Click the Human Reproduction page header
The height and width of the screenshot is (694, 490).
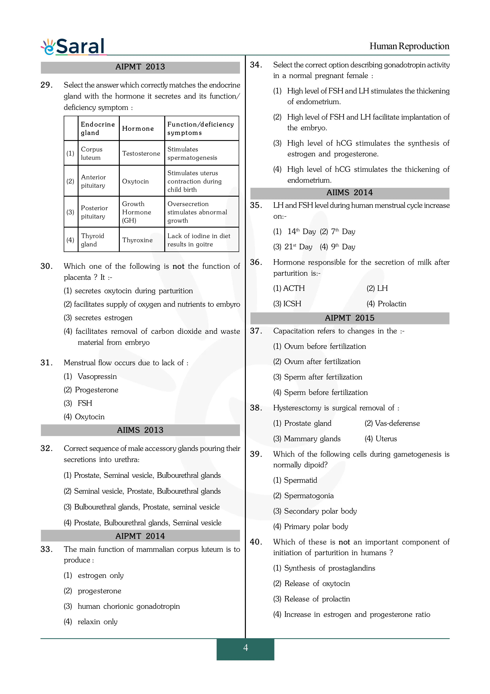409,46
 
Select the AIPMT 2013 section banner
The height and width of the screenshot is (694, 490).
140,67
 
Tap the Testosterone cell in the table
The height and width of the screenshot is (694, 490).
141,154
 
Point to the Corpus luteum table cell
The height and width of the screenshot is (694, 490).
92,154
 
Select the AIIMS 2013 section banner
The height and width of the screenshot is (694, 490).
140,430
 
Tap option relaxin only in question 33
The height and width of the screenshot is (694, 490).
97,622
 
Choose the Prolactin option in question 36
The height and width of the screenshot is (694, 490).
392,304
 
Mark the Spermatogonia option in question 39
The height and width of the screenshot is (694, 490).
309,496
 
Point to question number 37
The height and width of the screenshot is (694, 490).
256,331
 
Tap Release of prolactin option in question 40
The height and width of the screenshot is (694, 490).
317,599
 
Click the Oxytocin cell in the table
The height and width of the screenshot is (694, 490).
135,181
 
